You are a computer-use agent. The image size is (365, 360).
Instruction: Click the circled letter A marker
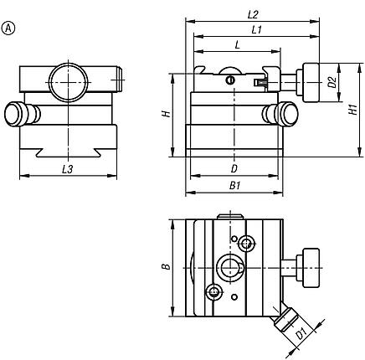10,28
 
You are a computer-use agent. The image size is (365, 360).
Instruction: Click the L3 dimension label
68,170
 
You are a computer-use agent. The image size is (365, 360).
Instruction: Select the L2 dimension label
253,14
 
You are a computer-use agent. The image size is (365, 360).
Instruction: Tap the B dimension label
166,267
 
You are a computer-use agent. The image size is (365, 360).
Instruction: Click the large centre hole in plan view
229,268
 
